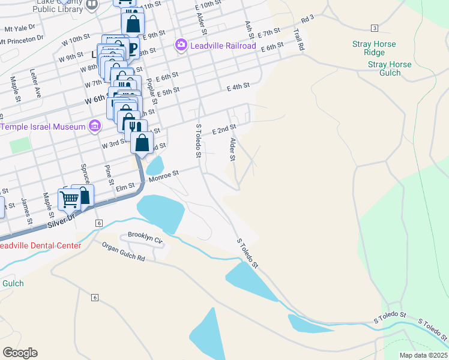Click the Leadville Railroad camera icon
pos(181,45)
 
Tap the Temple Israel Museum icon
pos(94,127)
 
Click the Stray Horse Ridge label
pos(382,48)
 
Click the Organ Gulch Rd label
pos(123,251)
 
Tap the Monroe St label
pos(164,176)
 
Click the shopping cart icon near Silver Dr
pos(70,197)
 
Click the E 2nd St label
pos(224,129)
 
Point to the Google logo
pos(20,353)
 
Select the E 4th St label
pos(238,87)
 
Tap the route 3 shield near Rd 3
pos(374,28)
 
